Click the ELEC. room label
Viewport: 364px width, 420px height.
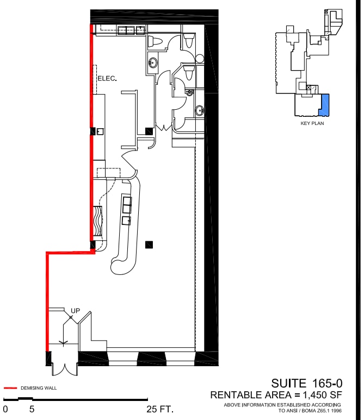[107, 79]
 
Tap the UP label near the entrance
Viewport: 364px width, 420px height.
[76, 311]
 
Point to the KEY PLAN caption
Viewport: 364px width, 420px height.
[312, 123]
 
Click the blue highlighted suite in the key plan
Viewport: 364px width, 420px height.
[324, 104]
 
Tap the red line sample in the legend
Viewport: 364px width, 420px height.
[10, 388]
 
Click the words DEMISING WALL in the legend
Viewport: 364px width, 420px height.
[39, 388]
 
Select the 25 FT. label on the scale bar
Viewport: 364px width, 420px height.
[160, 409]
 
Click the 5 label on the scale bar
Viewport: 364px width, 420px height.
[32, 409]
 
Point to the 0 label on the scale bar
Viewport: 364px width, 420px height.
[5, 409]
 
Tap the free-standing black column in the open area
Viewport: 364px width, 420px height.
[149, 245]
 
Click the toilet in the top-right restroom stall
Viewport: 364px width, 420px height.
[189, 39]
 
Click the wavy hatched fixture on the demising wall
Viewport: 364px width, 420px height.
[98, 220]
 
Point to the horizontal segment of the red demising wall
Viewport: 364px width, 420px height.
[70, 252]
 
